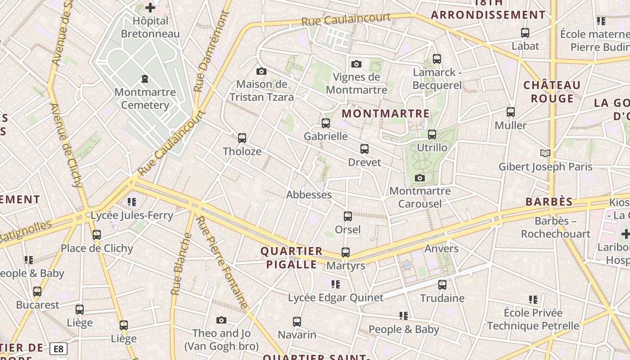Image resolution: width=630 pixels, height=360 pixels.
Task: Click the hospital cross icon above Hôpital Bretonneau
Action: (150, 8)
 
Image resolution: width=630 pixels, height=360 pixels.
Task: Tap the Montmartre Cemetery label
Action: (145, 99)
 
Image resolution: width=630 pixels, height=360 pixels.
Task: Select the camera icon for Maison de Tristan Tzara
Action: (261, 71)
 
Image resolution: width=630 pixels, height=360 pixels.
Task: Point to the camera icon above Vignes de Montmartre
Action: (356, 64)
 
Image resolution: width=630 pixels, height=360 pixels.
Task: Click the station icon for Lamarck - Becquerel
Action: (436, 58)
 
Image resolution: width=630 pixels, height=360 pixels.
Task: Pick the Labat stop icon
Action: (525, 32)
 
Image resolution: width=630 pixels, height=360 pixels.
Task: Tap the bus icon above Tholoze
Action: (242, 138)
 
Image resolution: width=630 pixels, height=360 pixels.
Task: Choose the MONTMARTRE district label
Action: (386, 113)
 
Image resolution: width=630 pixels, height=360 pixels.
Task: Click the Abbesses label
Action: (309, 195)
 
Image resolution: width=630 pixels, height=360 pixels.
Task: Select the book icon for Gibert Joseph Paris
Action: (545, 153)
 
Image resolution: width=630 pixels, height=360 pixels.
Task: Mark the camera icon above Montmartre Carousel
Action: (420, 178)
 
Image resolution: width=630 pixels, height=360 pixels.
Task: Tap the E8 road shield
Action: (58, 349)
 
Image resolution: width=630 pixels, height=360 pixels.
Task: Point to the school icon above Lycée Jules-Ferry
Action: (131, 202)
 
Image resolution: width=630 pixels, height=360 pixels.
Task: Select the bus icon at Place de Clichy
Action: (97, 235)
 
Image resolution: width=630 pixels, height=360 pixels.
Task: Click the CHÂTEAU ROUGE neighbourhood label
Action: (552, 92)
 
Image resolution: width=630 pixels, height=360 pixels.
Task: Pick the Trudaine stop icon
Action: (442, 285)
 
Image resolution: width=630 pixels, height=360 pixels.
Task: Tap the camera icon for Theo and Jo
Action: (221, 320)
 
